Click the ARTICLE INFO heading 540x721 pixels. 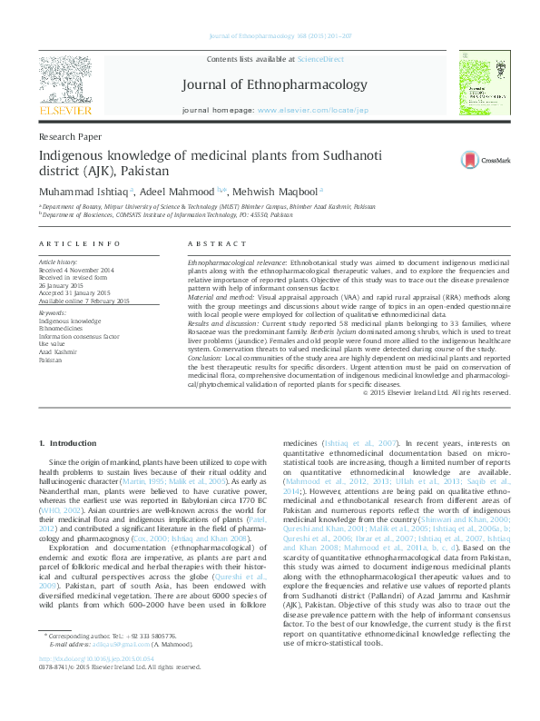(x=79, y=245)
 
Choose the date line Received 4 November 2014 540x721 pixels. (x=75, y=271)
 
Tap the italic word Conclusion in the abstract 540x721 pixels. (x=210, y=357)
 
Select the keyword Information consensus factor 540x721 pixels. (x=78, y=336)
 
